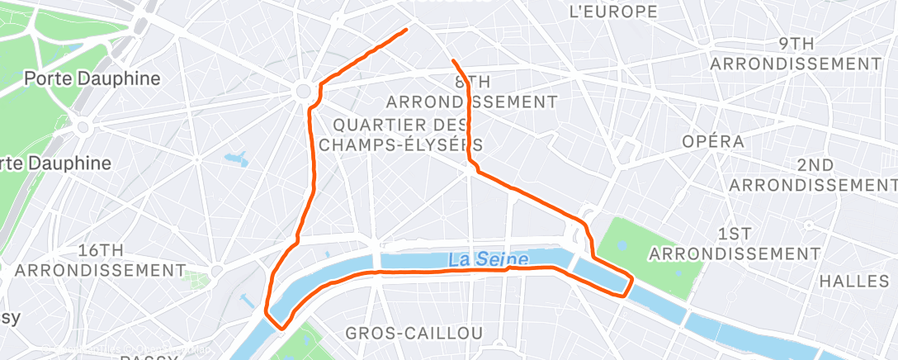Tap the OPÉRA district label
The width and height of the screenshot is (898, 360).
(x=713, y=141)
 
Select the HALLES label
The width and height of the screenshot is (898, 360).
(x=855, y=282)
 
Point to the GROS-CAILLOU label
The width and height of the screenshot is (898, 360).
(x=414, y=333)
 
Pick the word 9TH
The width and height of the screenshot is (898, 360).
(x=797, y=43)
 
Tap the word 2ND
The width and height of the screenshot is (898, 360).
(x=815, y=164)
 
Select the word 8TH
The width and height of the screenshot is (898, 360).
(x=473, y=82)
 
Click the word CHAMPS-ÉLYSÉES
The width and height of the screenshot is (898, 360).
(x=400, y=144)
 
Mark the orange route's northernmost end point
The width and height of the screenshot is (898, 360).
(x=406, y=30)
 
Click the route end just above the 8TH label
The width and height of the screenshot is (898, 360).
(x=453, y=60)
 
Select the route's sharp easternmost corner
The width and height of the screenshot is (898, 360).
(x=632, y=281)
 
